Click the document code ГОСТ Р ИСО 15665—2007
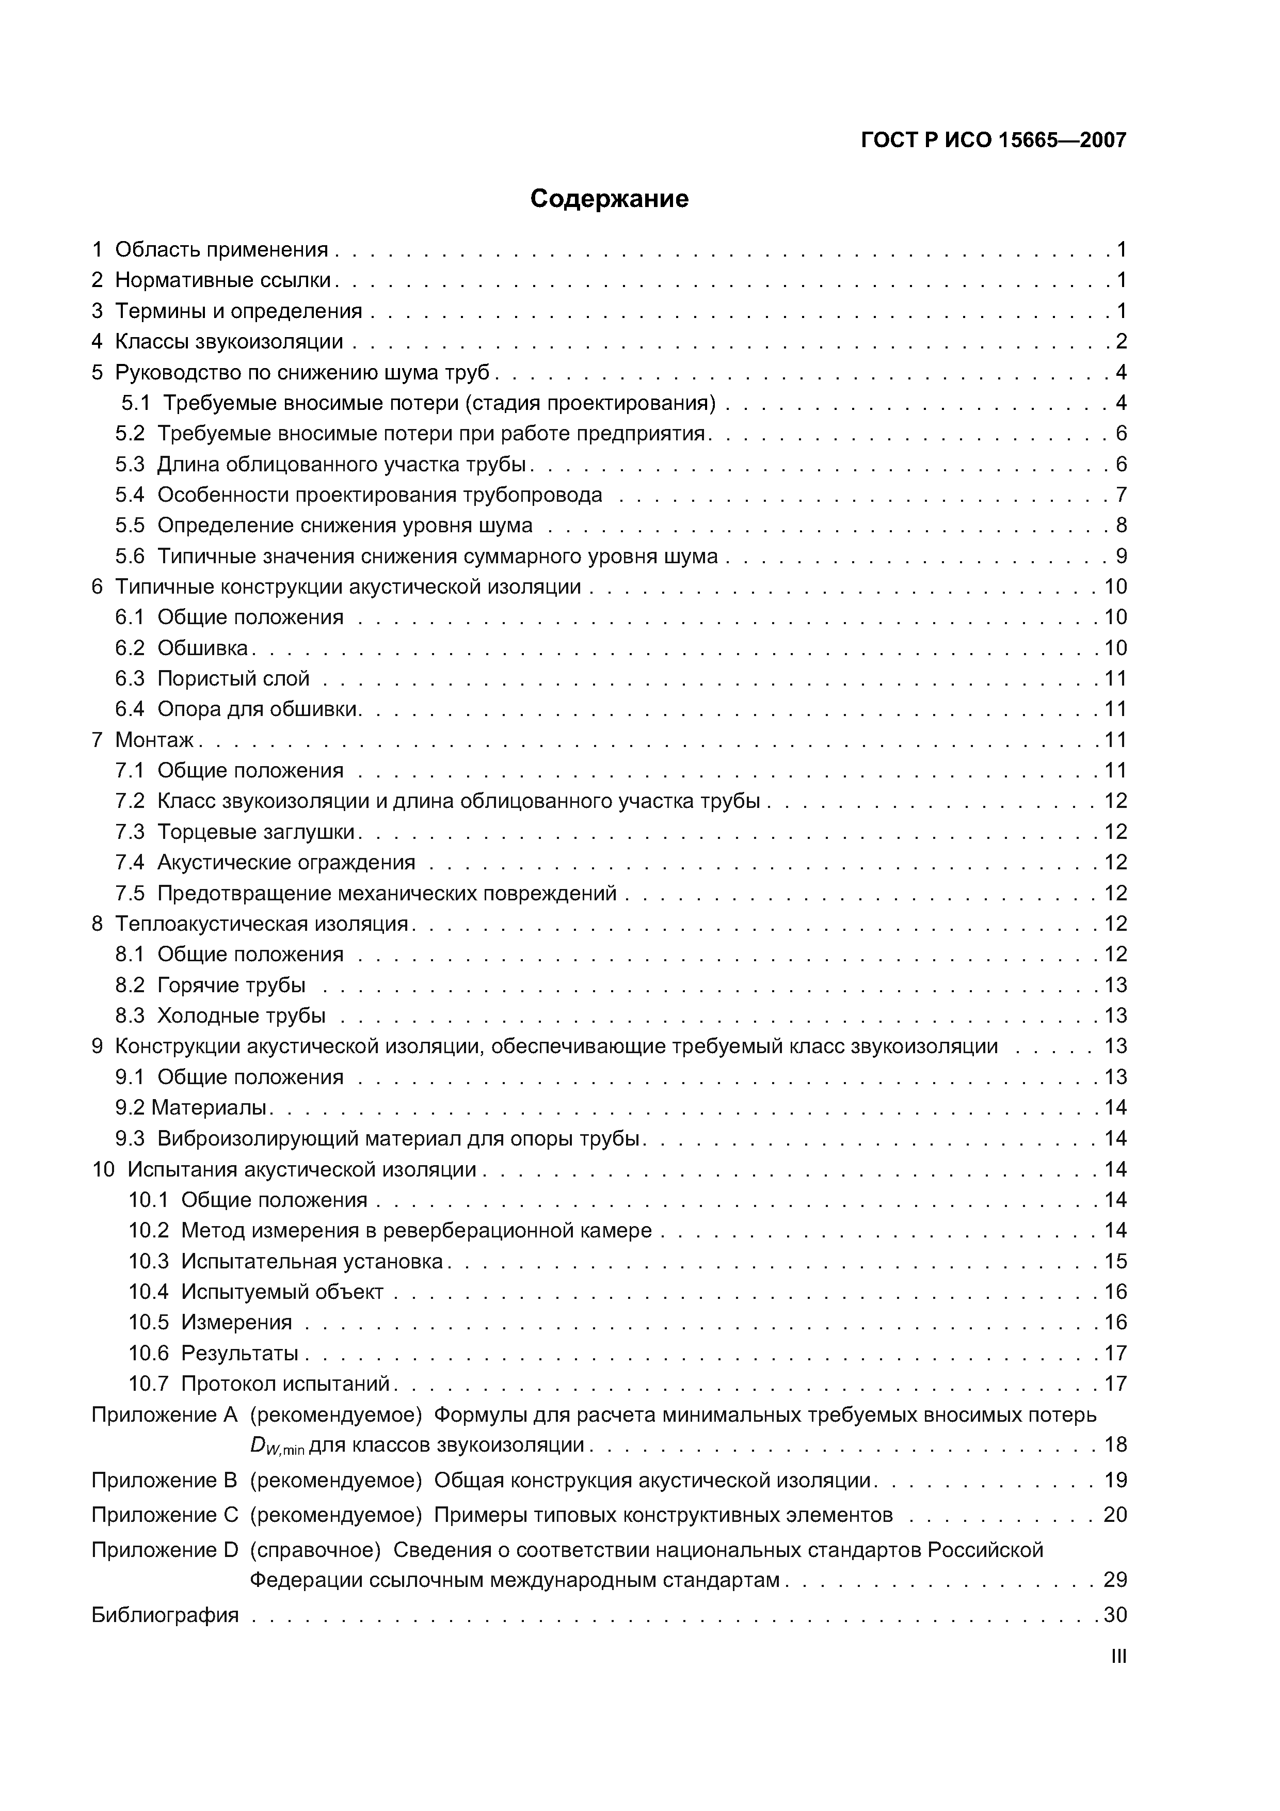point(993,140)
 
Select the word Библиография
point(165,1615)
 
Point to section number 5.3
point(130,464)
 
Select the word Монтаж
point(154,740)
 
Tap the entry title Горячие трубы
point(231,985)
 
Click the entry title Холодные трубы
point(242,1016)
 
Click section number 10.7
point(148,1384)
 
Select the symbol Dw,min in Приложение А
point(276,1447)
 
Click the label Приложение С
point(165,1515)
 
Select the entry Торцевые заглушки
point(257,832)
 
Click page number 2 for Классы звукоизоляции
point(1121,342)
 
